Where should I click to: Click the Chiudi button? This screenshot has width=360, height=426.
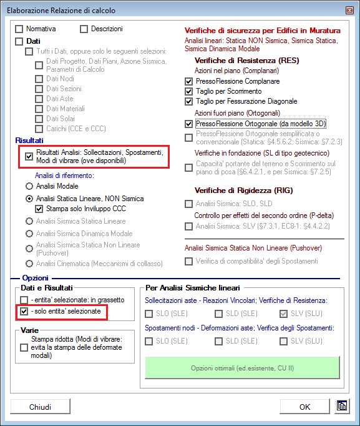(40, 407)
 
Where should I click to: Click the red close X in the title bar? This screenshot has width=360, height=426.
(349, 11)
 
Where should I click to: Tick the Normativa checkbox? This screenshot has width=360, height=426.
(19, 29)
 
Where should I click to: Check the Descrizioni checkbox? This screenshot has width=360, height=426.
(84, 29)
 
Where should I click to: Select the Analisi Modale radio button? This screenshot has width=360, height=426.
(29, 186)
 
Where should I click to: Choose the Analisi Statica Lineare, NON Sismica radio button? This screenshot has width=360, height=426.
(29, 199)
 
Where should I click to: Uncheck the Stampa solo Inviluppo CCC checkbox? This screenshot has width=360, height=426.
(39, 209)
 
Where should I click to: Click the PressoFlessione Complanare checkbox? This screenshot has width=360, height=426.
(188, 81)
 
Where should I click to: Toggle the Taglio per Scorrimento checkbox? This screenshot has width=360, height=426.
(188, 91)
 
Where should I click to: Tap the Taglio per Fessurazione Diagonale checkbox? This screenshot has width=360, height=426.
(188, 101)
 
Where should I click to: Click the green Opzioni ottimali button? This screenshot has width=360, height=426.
(243, 368)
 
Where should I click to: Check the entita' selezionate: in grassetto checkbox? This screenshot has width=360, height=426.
(24, 300)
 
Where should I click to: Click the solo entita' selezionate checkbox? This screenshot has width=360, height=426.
(24, 311)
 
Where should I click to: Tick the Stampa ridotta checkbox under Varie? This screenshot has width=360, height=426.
(24, 347)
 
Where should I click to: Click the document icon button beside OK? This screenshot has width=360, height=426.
(342, 406)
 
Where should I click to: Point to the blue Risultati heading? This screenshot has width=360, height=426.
(29, 141)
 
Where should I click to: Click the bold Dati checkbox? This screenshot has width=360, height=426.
(19, 41)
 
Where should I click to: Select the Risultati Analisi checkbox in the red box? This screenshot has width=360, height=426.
(29, 157)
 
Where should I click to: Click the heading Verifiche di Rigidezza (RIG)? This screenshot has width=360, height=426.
(243, 191)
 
